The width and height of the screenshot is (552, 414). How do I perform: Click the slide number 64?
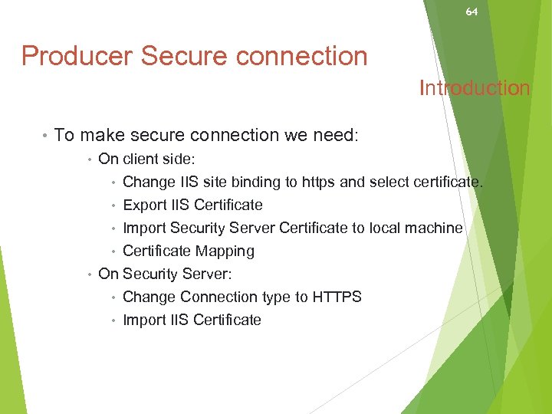(x=472, y=12)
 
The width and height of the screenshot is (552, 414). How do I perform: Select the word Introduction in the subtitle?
(x=475, y=88)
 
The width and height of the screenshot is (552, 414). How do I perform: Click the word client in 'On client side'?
(x=140, y=159)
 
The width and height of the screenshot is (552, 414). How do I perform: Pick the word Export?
(x=144, y=205)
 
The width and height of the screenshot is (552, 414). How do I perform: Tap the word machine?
(x=436, y=228)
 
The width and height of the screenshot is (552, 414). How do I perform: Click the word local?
(x=388, y=228)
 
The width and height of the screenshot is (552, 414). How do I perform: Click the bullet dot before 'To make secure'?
(x=45, y=136)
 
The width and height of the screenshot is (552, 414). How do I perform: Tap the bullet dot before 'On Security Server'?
(x=90, y=274)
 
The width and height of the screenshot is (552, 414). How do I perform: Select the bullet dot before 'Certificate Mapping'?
(x=113, y=251)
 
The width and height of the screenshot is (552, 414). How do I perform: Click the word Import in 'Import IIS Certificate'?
(x=144, y=320)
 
